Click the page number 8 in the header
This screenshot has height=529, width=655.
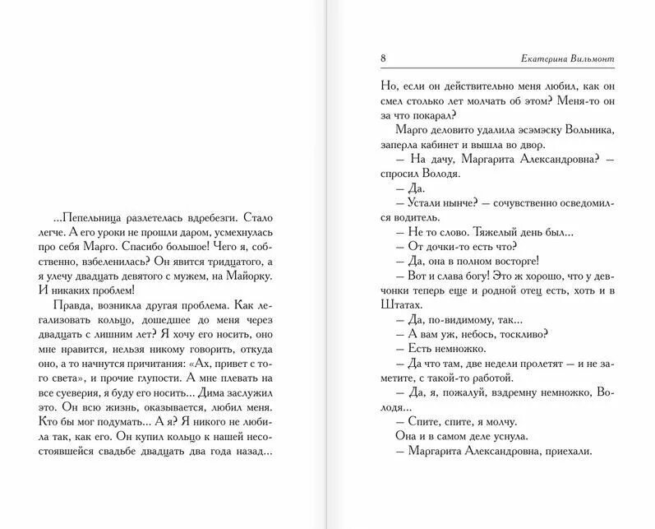click(385, 58)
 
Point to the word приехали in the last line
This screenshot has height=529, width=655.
click(565, 450)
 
